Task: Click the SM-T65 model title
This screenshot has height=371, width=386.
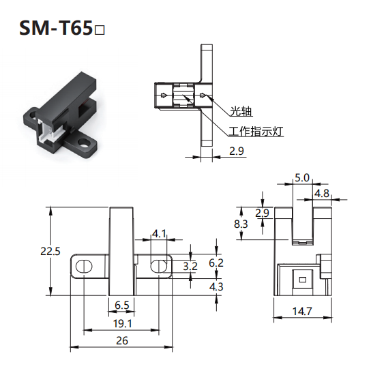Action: [62, 28]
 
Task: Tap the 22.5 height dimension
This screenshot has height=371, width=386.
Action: [50, 252]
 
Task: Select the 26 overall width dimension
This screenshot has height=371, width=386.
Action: [122, 341]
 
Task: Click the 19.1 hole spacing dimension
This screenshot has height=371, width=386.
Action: [122, 323]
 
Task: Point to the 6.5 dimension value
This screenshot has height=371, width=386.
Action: [122, 306]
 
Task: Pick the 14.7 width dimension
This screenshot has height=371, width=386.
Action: [302, 312]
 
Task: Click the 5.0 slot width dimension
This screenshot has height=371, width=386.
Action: [302, 177]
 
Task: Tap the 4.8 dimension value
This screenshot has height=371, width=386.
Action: [322, 194]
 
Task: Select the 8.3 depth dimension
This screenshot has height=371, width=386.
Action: [241, 224]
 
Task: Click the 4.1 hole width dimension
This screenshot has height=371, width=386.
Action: [159, 233]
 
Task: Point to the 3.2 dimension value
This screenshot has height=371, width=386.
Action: [190, 266]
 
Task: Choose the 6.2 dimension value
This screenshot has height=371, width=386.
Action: [216, 263]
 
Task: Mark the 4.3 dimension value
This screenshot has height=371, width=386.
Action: [216, 286]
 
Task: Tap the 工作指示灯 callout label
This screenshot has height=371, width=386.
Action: [256, 131]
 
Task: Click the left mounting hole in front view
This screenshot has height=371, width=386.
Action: [84, 266]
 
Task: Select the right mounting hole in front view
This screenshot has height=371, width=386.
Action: [159, 266]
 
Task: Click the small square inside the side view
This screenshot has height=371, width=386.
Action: [303, 280]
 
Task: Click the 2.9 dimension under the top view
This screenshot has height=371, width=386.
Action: [237, 151]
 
